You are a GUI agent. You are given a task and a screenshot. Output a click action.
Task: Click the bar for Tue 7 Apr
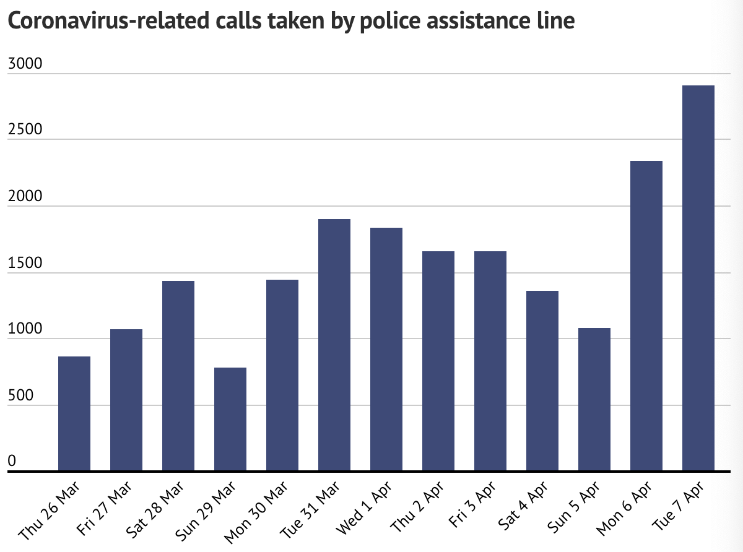698,278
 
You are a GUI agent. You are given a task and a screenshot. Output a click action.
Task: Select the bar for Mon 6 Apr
646,316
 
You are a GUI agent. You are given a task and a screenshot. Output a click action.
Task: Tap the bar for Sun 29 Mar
230,420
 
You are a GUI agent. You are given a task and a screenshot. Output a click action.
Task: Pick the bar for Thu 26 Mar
74,414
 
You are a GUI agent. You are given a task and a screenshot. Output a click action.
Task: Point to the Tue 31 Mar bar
334,345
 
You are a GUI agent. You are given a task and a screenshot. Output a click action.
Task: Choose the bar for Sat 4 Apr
542,381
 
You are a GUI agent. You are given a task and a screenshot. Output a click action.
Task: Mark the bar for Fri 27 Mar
126,400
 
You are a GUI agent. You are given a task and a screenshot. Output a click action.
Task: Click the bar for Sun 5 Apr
594,400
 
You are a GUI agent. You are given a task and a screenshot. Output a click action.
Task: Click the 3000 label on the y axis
24,64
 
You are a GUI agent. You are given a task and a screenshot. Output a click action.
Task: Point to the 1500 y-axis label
24,263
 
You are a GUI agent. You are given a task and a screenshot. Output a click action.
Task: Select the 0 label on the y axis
11,461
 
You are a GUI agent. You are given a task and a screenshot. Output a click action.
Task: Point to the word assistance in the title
473,22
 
